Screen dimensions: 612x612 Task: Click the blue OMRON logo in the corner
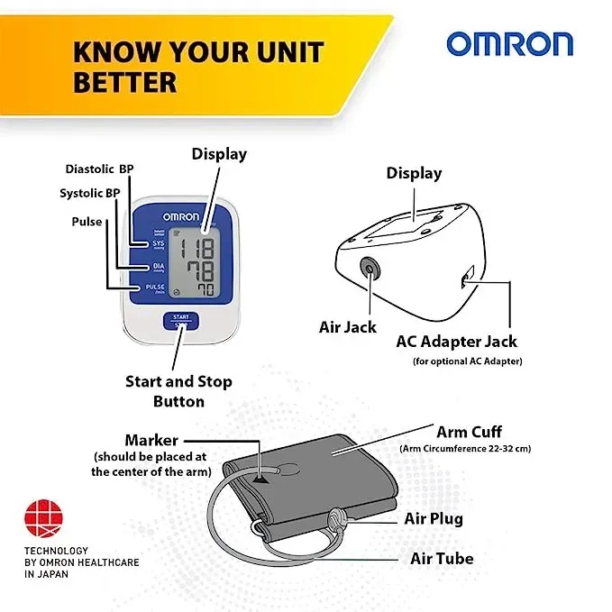510,44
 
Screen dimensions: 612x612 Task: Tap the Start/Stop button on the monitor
180,321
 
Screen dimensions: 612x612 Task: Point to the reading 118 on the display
197,248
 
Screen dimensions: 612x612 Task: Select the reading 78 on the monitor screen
200,270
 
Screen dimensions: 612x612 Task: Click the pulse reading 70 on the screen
206,289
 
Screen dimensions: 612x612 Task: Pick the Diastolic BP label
99,169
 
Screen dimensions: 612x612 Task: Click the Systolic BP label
90,193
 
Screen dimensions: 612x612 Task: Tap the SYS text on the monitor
158,243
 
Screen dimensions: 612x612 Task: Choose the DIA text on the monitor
159,266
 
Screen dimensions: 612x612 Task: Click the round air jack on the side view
370,268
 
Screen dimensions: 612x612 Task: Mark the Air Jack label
347,327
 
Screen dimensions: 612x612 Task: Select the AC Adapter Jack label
456,342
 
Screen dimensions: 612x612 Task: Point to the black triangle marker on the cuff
260,479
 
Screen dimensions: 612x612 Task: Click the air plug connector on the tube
335,521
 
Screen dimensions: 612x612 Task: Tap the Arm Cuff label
470,432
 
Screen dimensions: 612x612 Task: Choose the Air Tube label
442,559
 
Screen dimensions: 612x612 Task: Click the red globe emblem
43,518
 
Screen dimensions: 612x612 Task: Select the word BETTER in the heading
125,82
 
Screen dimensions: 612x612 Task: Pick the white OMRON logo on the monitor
180,216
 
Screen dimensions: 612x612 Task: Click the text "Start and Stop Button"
178,391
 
